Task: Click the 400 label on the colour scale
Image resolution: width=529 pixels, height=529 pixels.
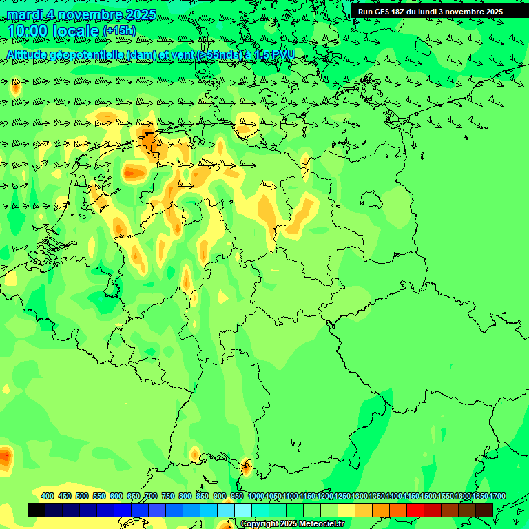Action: [x=48, y=496]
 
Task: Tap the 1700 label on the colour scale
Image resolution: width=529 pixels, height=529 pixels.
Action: [x=497, y=496]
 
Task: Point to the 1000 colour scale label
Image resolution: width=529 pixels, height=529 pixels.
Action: [x=256, y=496]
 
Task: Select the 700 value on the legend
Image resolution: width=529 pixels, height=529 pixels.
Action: [x=151, y=496]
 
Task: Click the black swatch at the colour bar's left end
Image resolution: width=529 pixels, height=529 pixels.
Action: [x=37, y=510]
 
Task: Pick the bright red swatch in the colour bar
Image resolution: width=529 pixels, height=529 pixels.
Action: [x=415, y=510]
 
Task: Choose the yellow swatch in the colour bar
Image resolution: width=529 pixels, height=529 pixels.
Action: [x=346, y=510]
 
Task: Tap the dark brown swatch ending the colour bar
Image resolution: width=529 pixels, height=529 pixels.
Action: [x=484, y=510]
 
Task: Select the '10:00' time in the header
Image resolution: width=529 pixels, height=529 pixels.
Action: [x=28, y=30]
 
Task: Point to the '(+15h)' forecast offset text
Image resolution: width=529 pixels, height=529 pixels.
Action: [x=119, y=31]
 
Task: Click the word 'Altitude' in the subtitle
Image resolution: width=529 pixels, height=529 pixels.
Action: [x=30, y=54]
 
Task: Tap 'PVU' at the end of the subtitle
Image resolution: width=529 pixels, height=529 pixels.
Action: [x=284, y=54]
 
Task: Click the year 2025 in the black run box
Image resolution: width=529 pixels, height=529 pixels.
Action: [x=492, y=12]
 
